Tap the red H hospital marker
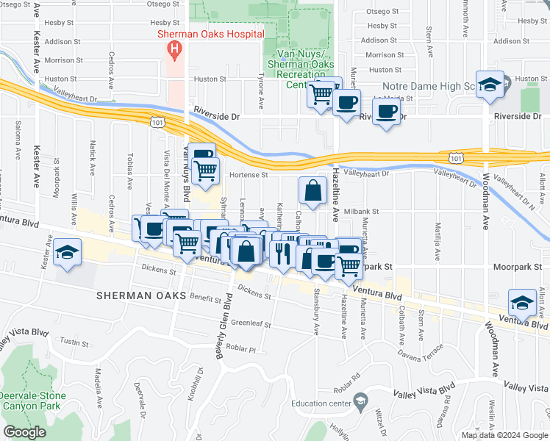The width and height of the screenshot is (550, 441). [x=175, y=50]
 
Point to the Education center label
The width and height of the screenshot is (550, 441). [x=321, y=403]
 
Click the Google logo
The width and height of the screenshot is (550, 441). [x=25, y=431]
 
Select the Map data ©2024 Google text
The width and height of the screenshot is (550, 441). [x=504, y=435]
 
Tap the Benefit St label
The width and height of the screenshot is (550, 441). [x=205, y=298]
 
